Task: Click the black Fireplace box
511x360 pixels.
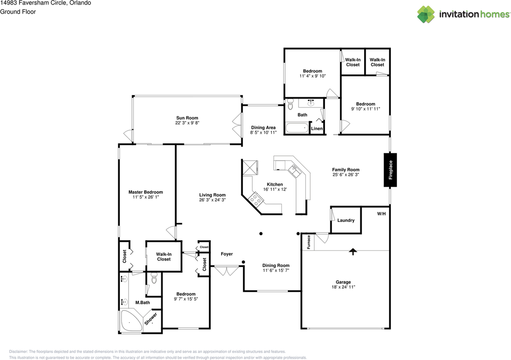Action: point(390,170)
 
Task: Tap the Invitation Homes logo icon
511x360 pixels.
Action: point(426,14)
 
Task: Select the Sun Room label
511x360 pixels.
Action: point(187,118)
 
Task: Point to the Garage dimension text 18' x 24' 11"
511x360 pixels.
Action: point(343,287)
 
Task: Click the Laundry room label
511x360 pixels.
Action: point(346,220)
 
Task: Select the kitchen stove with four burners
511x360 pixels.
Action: point(255,198)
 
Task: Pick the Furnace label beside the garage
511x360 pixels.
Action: point(309,242)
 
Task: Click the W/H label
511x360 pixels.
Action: point(381,214)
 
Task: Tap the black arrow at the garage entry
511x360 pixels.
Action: point(353,251)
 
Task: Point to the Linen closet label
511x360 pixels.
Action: point(317,129)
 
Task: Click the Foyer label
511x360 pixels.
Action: point(227,254)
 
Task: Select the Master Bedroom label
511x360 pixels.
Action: point(146,192)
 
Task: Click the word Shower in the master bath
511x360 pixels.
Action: point(151,318)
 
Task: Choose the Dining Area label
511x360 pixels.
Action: point(263,128)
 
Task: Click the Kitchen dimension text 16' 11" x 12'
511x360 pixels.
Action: point(275,189)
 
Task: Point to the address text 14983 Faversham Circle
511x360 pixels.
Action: point(45,3)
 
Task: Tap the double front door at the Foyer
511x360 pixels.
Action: point(227,271)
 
